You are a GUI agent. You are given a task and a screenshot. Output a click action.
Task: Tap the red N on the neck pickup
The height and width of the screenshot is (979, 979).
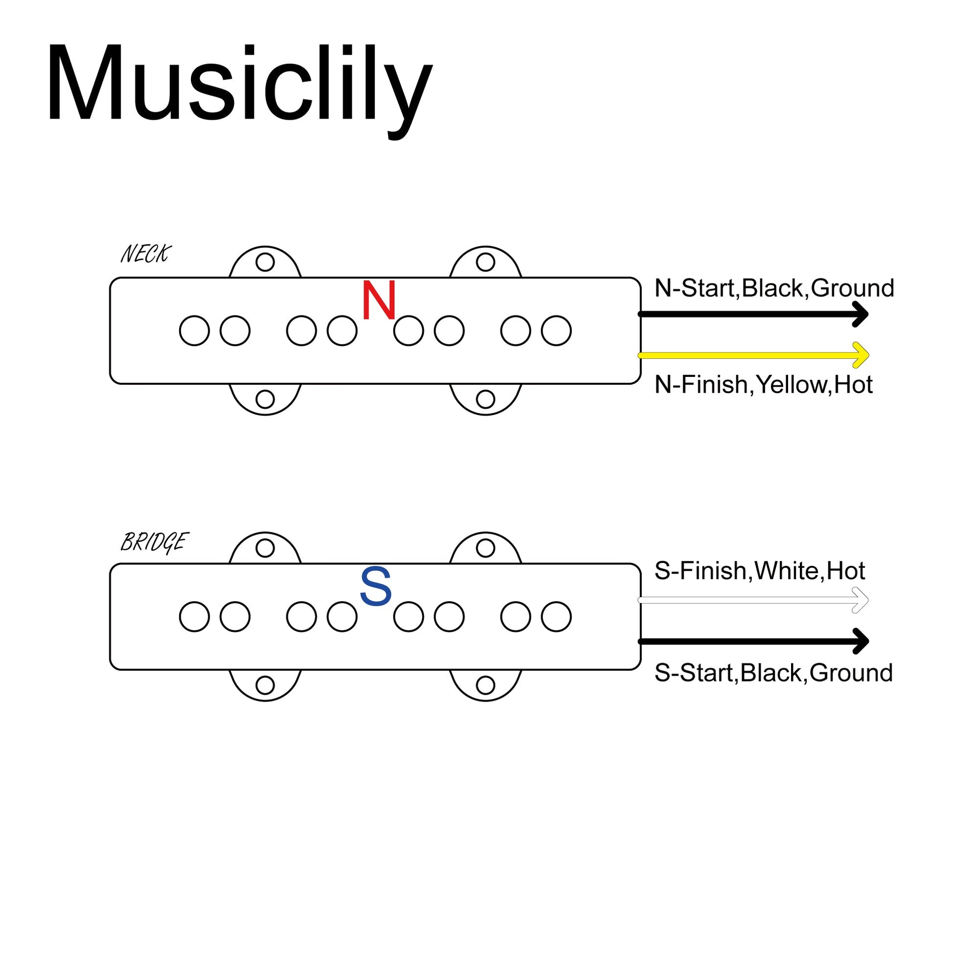pyautogui.click(x=379, y=300)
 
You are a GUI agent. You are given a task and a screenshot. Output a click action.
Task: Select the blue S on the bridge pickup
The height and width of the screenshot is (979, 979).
pyautogui.click(x=375, y=586)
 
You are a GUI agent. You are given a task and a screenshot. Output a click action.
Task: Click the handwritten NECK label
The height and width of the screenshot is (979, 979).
pyautogui.click(x=146, y=254)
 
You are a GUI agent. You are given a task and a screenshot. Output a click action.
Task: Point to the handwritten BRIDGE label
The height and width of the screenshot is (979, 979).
pyautogui.click(x=154, y=542)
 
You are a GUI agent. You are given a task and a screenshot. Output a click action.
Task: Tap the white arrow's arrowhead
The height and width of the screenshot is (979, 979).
pyautogui.click(x=860, y=601)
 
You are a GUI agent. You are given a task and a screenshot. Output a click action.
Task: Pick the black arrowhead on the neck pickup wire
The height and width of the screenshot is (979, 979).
pyautogui.click(x=860, y=314)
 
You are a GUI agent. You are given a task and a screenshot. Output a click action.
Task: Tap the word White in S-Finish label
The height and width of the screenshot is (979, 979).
pyautogui.click(x=787, y=571)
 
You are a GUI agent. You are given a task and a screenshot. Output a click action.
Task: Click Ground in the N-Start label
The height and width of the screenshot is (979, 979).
pyautogui.click(x=852, y=289)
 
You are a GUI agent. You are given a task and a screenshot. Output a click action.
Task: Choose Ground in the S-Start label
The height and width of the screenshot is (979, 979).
pyautogui.click(x=851, y=673)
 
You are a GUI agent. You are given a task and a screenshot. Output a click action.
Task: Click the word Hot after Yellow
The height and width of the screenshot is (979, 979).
pyautogui.click(x=853, y=385)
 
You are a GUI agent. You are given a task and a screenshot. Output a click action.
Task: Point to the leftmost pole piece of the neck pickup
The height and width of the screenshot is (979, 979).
pyautogui.click(x=195, y=331)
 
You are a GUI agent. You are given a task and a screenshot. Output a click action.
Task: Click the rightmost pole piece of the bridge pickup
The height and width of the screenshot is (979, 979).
pyautogui.click(x=556, y=617)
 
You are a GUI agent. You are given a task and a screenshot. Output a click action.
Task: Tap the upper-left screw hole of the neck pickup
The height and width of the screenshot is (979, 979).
pyautogui.click(x=265, y=263)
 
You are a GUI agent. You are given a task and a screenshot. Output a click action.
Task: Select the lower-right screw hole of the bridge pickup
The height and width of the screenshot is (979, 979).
pyautogui.click(x=485, y=685)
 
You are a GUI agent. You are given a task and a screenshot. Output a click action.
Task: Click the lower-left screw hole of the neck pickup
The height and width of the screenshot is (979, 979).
pyautogui.click(x=265, y=399)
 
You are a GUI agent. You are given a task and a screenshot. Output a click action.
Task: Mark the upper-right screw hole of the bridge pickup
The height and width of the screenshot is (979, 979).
pyautogui.click(x=485, y=548)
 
